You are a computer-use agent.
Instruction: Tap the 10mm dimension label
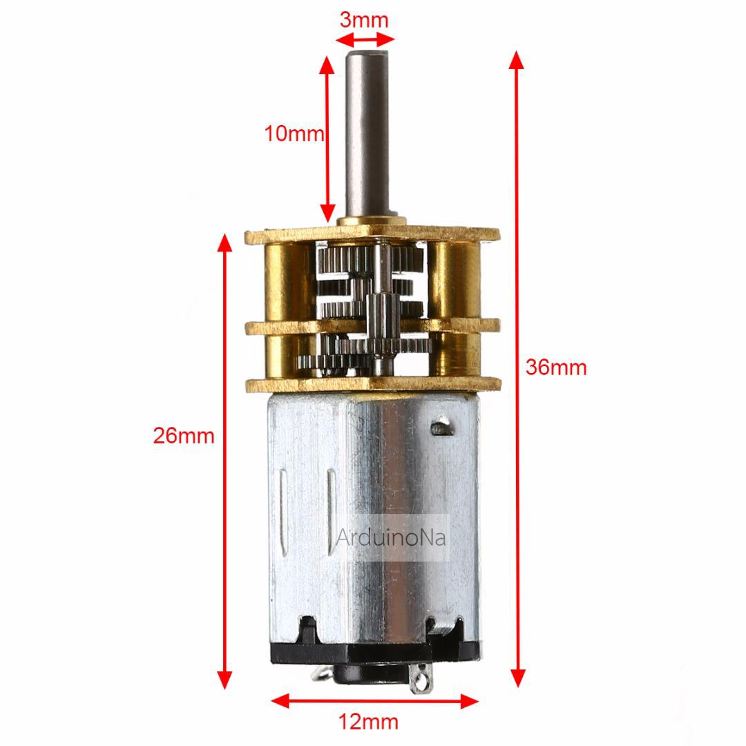tap(294, 133)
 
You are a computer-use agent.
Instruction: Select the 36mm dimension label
tap(555, 367)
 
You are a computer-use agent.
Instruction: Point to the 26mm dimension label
tap(184, 436)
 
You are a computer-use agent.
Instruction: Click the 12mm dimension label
tap(368, 723)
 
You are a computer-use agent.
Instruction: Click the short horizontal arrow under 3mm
tap(367, 39)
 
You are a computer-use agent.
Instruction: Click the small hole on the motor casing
tap(441, 428)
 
